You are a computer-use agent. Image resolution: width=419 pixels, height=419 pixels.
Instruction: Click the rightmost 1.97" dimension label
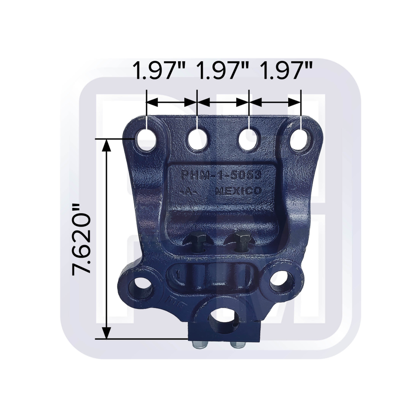[286, 71]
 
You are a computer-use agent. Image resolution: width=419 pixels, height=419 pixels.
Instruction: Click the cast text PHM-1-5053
[221, 176]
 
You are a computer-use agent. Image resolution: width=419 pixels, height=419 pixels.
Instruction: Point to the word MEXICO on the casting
[238, 191]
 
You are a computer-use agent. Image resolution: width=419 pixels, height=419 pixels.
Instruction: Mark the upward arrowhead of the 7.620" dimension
[107, 145]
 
